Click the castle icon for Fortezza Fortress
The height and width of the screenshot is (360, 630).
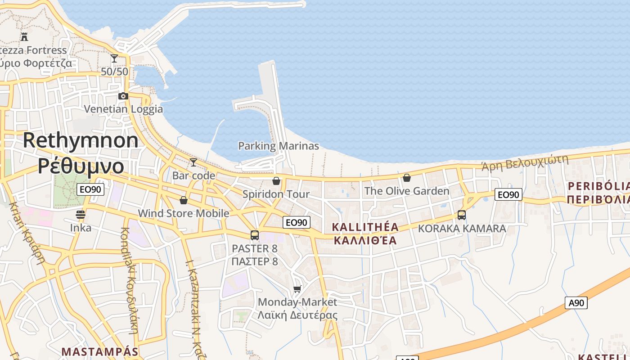(x=24, y=37)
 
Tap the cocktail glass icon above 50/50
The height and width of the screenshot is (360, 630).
(x=114, y=58)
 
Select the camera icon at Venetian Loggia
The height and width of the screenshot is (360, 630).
(x=123, y=96)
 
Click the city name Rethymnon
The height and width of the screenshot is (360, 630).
(x=81, y=140)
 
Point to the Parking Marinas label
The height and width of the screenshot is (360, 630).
(x=278, y=146)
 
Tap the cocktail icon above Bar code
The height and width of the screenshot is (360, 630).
(x=193, y=162)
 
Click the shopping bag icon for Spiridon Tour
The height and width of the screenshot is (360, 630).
(x=276, y=181)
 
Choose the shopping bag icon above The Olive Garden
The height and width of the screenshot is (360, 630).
(x=407, y=178)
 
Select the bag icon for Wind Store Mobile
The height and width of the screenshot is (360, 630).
(x=183, y=200)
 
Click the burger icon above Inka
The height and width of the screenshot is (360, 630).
(x=81, y=215)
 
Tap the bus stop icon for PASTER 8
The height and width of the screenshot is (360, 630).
(x=255, y=235)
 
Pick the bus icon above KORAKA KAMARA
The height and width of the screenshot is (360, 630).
(x=462, y=215)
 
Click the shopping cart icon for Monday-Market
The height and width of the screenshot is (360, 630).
(x=297, y=289)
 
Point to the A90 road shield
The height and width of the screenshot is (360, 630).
(x=576, y=303)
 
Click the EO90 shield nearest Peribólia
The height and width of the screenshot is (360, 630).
(x=508, y=194)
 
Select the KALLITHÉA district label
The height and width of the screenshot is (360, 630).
(x=365, y=227)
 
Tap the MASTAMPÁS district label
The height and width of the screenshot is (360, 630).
(x=99, y=351)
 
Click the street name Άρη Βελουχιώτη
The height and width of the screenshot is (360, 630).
(x=525, y=162)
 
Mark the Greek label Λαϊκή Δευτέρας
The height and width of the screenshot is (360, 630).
(x=297, y=315)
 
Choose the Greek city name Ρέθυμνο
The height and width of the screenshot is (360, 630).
(x=81, y=166)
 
